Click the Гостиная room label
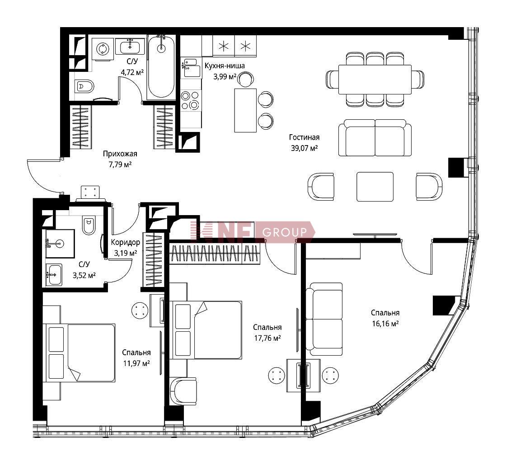[x=304, y=137]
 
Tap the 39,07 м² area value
[x=305, y=148]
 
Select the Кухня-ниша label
[x=225, y=66]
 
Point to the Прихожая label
[x=120, y=154]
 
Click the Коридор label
[x=126, y=242]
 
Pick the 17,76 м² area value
[x=267, y=338]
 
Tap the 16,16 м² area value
[x=385, y=324]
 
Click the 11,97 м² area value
[x=136, y=363]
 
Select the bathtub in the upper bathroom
[x=161, y=67]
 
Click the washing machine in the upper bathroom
[x=103, y=49]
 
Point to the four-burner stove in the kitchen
[x=190, y=100]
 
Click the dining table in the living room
[x=375, y=80]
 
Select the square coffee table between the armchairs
[x=375, y=187]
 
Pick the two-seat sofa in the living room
[x=375, y=138]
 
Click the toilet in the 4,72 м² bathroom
[x=84, y=86]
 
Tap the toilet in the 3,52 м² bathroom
[x=89, y=225]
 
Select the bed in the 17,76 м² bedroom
[x=207, y=330]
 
